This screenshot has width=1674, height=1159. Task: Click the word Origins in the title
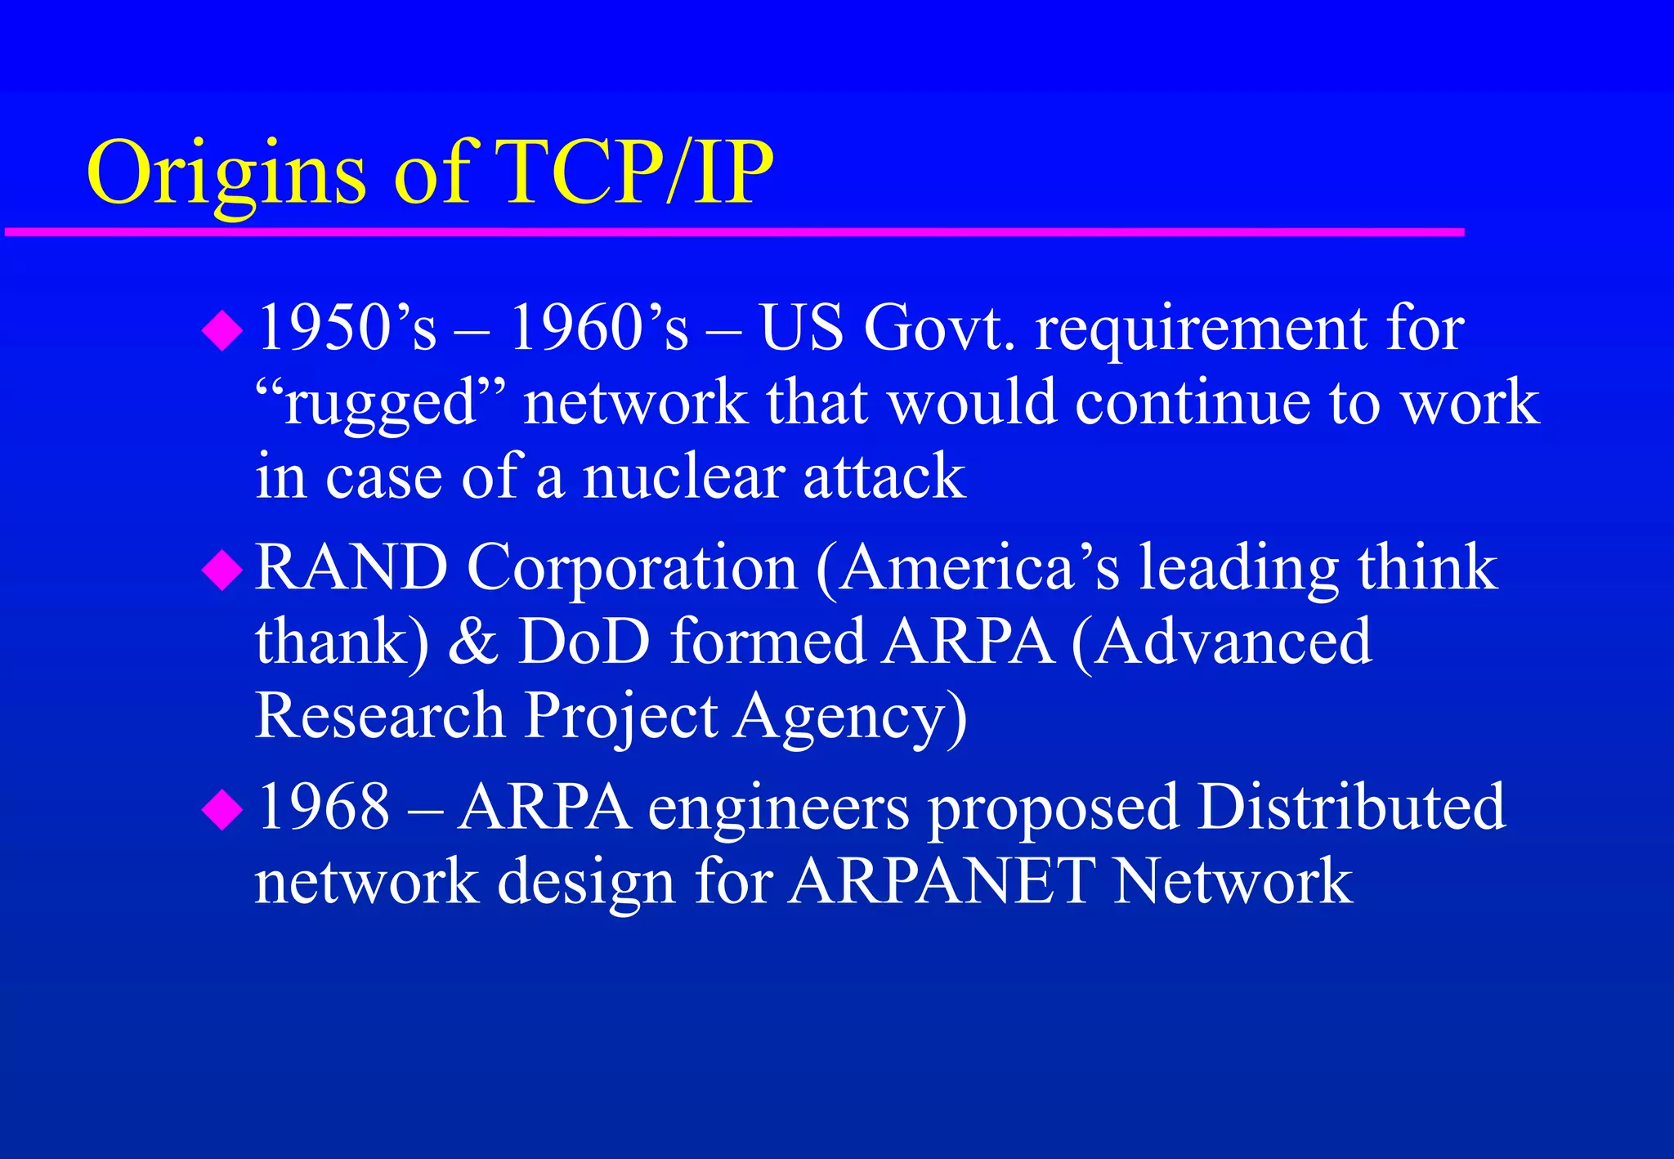[x=226, y=173]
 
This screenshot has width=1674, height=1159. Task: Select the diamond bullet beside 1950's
[x=222, y=330]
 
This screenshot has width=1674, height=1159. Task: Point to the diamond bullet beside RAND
[x=222, y=570]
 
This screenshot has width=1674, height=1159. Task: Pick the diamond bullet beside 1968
[x=222, y=809]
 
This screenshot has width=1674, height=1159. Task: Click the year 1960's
[x=599, y=328]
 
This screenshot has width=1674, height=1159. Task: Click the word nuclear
[x=683, y=477]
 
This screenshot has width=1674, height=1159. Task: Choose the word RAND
[x=351, y=567]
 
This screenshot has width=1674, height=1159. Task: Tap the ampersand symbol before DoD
[x=473, y=642]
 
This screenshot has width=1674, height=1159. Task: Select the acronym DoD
[x=584, y=642]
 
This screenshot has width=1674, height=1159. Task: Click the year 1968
[x=324, y=808]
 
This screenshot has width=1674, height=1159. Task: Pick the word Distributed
[x=1351, y=808]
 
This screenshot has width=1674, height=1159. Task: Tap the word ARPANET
[x=940, y=881]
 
